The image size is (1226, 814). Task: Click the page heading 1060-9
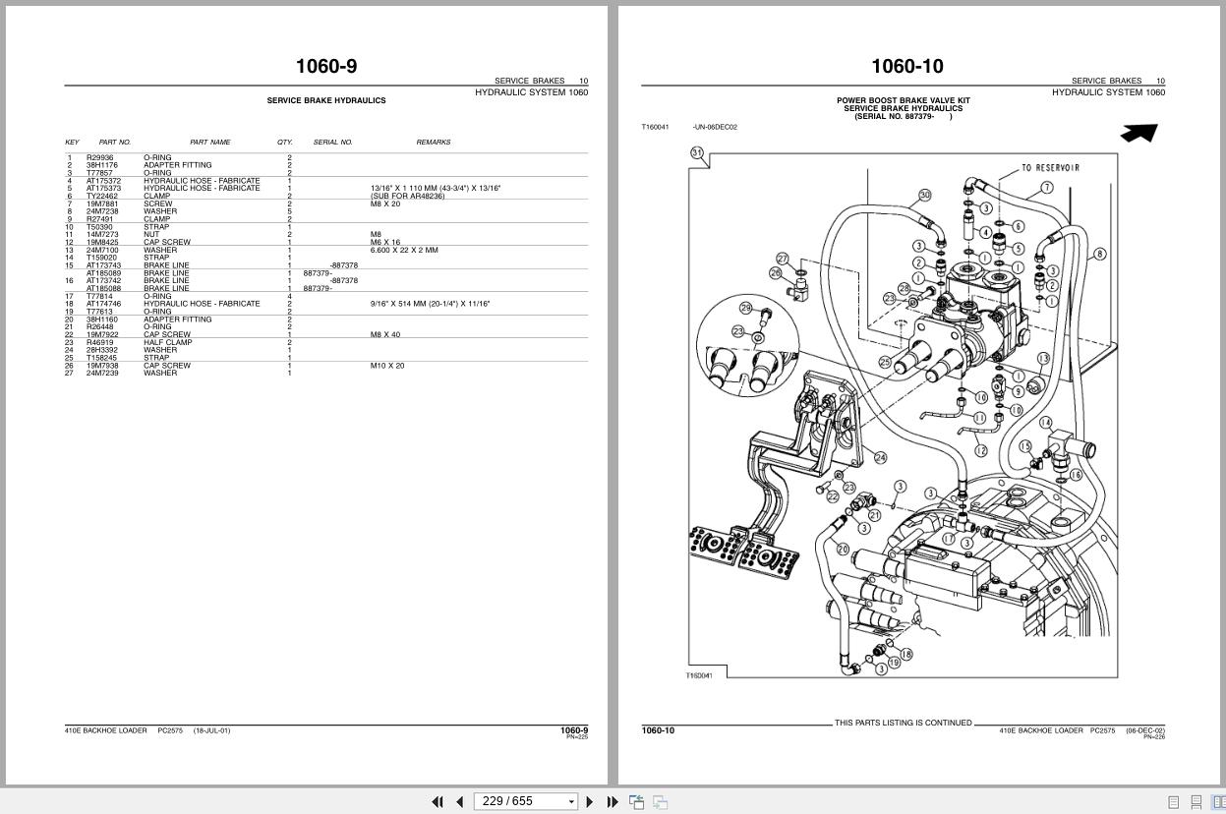click(x=325, y=66)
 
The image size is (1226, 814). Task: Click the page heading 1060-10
click(x=906, y=66)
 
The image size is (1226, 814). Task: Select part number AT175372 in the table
click(x=103, y=181)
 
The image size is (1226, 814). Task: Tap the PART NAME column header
click(x=209, y=143)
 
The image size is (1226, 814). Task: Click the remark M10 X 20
click(x=386, y=366)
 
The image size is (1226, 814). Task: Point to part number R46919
click(x=99, y=342)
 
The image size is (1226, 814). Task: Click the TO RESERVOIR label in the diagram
click(x=1050, y=168)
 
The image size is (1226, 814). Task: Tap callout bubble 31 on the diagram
click(x=697, y=152)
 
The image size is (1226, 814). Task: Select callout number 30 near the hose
click(x=924, y=196)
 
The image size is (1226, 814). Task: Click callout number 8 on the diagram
click(x=1099, y=254)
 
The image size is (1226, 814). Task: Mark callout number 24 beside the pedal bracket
click(x=880, y=457)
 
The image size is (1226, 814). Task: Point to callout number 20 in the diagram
click(x=843, y=549)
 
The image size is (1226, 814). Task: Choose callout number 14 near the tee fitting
click(x=1045, y=423)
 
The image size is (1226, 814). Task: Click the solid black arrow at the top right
click(x=1138, y=133)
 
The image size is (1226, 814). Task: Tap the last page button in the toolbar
click(x=612, y=801)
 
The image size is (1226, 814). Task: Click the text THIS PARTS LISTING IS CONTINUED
click(x=903, y=723)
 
